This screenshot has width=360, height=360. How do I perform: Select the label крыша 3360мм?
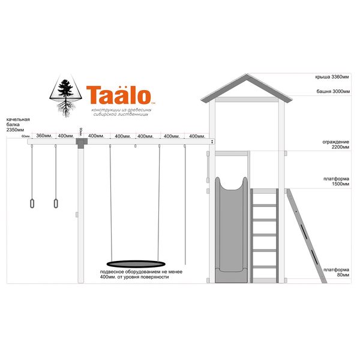click(332, 77)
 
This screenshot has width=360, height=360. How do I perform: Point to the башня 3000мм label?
click(333, 92)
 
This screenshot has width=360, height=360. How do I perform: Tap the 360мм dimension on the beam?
click(43, 136)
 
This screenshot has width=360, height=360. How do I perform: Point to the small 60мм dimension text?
click(25, 137)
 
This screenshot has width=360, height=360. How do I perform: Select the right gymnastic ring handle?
click(56, 203)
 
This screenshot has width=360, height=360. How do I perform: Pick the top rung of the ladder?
click(264, 192)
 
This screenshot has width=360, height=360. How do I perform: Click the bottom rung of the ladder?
click(264, 267)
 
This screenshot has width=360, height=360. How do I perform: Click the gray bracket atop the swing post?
click(79, 142)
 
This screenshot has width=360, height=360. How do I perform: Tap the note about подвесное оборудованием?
click(134, 275)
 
